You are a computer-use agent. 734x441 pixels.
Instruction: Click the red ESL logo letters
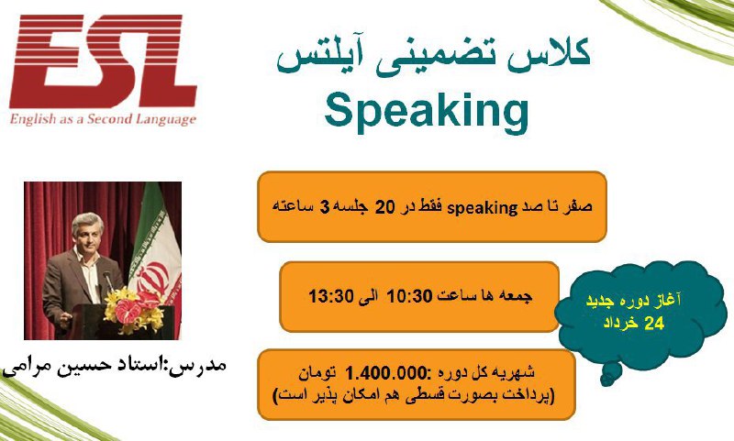103,61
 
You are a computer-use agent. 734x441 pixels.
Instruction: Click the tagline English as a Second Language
103,119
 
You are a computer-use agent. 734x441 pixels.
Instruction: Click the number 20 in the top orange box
385,207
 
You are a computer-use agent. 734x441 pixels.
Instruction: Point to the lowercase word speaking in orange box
483,208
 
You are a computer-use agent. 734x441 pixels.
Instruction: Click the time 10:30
408,296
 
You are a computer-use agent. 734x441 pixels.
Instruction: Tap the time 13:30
330,296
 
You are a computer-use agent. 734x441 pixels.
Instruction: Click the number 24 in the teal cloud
654,324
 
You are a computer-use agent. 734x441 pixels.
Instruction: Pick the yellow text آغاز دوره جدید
633,301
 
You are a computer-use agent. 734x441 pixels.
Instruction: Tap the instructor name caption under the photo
115,364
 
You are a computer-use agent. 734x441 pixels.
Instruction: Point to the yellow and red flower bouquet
134,310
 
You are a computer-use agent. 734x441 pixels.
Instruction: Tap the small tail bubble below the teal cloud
609,376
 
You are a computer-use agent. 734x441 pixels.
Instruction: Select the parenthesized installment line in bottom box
414,396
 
